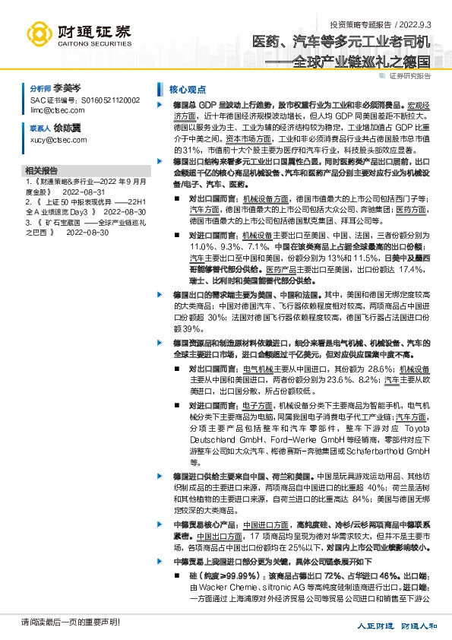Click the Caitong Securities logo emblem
39,32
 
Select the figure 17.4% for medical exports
415,269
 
